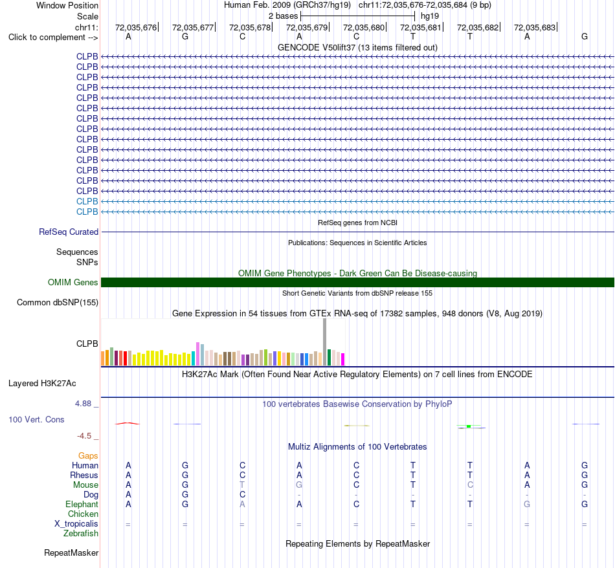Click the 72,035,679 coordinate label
click(307, 27)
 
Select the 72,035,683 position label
click(535, 27)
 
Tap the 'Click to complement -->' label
click(53, 38)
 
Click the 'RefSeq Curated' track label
click(69, 232)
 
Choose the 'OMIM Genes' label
click(73, 282)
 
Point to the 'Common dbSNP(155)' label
click(58, 303)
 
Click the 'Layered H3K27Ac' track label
click(42, 384)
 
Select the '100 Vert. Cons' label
click(36, 419)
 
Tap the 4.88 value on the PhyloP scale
click(83, 404)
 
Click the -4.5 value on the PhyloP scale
click(84, 436)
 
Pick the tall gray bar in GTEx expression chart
click(324, 342)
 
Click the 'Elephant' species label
click(82, 504)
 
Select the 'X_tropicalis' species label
click(76, 524)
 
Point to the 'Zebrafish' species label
click(81, 534)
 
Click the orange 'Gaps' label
click(88, 455)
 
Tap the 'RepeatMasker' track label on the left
click(71, 552)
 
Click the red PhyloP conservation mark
click(127, 423)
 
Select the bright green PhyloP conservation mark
click(469, 426)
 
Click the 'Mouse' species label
click(85, 485)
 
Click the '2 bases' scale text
click(283, 16)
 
